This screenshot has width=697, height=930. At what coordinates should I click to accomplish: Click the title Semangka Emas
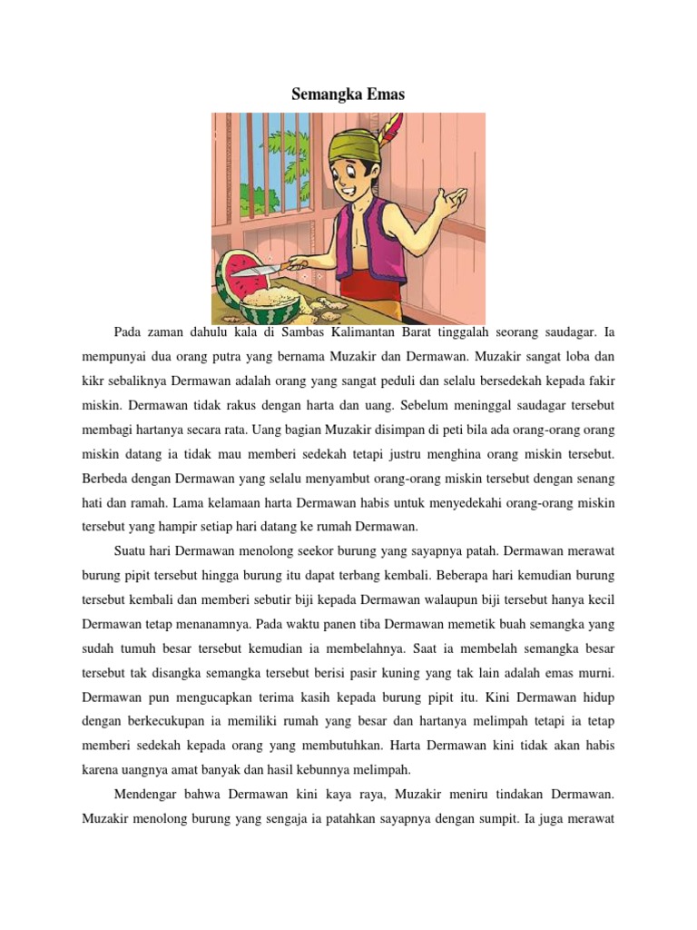pyautogui.click(x=348, y=94)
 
